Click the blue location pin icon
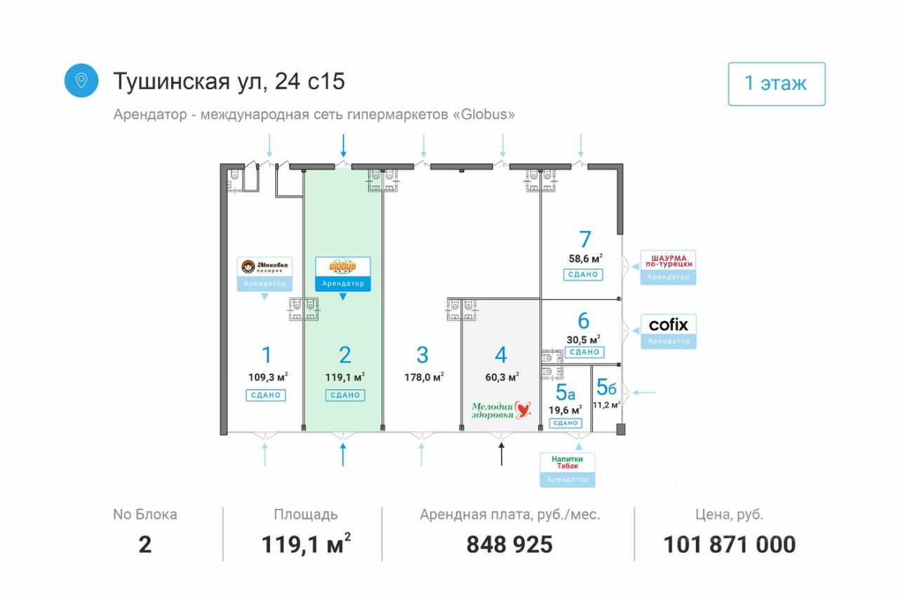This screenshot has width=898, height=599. pos(81,81)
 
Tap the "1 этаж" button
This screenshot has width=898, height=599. pos(776,84)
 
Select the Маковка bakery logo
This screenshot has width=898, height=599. pos(264,267)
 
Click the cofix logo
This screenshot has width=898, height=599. pos(669,325)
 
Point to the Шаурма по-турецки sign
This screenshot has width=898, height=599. pos(669,260)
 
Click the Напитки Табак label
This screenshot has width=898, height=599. pos(567,463)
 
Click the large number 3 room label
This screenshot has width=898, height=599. pos(422,355)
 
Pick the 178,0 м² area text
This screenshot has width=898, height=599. pos(424,377)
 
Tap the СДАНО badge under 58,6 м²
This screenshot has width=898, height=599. pos(583,275)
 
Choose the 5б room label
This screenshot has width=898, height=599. pos(607,387)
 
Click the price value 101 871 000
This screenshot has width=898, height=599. pos(730,544)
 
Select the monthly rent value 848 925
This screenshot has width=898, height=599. pos(509,544)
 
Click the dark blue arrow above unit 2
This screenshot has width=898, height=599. pos(343,146)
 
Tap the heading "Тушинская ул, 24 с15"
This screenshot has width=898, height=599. pos(229,81)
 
